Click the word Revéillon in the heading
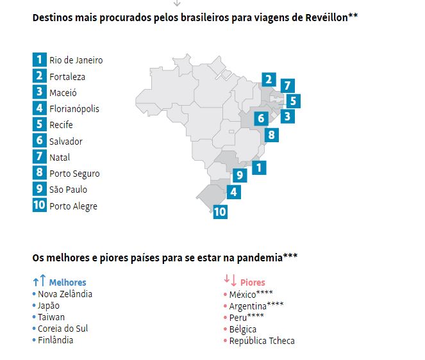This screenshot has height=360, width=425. [325, 17]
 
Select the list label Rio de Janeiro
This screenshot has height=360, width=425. [76, 60]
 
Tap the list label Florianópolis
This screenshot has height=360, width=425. [74, 109]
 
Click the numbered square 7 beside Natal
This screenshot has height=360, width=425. [40, 157]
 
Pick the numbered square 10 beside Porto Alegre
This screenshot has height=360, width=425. [40, 206]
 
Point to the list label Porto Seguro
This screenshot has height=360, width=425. [74, 174]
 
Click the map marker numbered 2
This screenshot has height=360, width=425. [269, 81]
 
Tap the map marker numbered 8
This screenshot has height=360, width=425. [271, 135]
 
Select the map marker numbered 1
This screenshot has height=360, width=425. [258, 168]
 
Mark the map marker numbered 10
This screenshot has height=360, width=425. [220, 211]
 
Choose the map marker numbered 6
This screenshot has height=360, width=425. [260, 119]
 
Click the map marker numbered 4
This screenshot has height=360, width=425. [234, 192]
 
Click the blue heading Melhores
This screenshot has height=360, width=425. [67, 282]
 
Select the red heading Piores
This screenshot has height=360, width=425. [253, 282]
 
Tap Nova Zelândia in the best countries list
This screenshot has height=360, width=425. [64, 294]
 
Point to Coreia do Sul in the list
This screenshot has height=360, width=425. [63, 329]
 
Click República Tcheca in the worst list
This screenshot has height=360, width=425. [262, 341]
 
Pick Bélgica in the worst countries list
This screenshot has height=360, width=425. [244, 329]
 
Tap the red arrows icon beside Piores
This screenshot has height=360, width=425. [230, 281]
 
